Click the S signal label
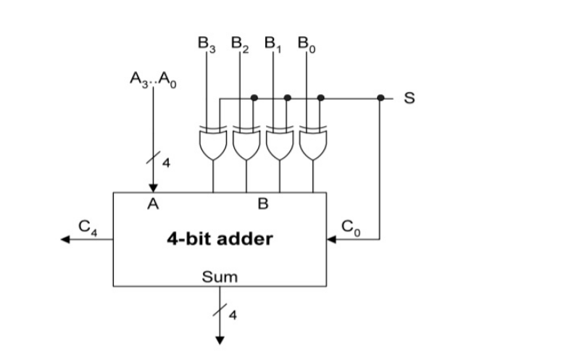point(408,98)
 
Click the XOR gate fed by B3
point(213,144)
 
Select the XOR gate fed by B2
point(246,144)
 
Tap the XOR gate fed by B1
point(280,144)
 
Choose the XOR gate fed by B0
point(313,144)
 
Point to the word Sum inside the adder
point(219,277)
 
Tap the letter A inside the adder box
point(153,204)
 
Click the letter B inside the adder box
point(263,204)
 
